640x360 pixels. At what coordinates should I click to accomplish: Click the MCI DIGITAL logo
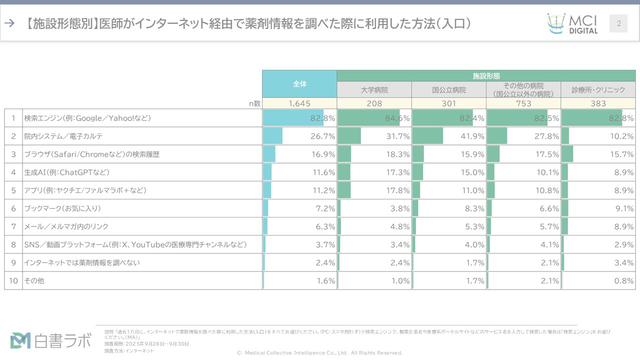pos(572,23)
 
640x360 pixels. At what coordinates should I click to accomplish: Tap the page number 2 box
pos(618,23)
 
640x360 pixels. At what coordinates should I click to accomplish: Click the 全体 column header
pos(299,84)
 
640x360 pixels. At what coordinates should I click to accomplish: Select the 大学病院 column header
pos(374,90)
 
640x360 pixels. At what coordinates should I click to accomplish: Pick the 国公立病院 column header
pos(448,90)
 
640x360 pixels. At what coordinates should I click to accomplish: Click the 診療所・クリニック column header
pos(598,90)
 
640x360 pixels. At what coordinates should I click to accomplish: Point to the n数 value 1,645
pos(299,103)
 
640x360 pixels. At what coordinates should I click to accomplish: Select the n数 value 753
pos(523,103)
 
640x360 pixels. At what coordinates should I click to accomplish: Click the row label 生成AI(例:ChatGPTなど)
pos(66,172)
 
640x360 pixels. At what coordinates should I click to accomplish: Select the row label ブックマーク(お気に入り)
pos(62,208)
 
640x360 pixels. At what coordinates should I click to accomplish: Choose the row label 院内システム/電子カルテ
pos(63,136)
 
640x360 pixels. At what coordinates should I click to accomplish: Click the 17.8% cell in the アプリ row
pos(397,190)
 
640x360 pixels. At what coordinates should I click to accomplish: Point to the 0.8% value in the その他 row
pos(623,281)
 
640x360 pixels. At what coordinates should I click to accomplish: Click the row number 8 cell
pos(13,245)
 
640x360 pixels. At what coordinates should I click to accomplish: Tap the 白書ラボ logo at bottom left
pos(50,340)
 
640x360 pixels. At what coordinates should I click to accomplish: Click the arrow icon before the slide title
pos(9,23)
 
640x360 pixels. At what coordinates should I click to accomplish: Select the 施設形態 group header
pos(486,76)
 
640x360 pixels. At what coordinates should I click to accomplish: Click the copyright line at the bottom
pos(319,353)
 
